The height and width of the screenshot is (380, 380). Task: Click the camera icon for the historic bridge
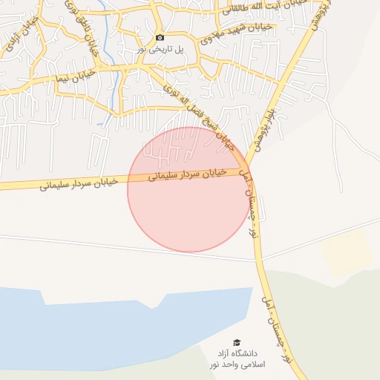(x=160, y=37)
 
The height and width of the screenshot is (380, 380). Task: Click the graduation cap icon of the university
(x=237, y=342)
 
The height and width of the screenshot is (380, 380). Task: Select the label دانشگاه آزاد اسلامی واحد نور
(x=236, y=358)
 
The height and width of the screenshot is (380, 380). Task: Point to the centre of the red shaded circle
(x=189, y=189)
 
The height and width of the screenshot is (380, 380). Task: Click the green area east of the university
(x=327, y=327)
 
